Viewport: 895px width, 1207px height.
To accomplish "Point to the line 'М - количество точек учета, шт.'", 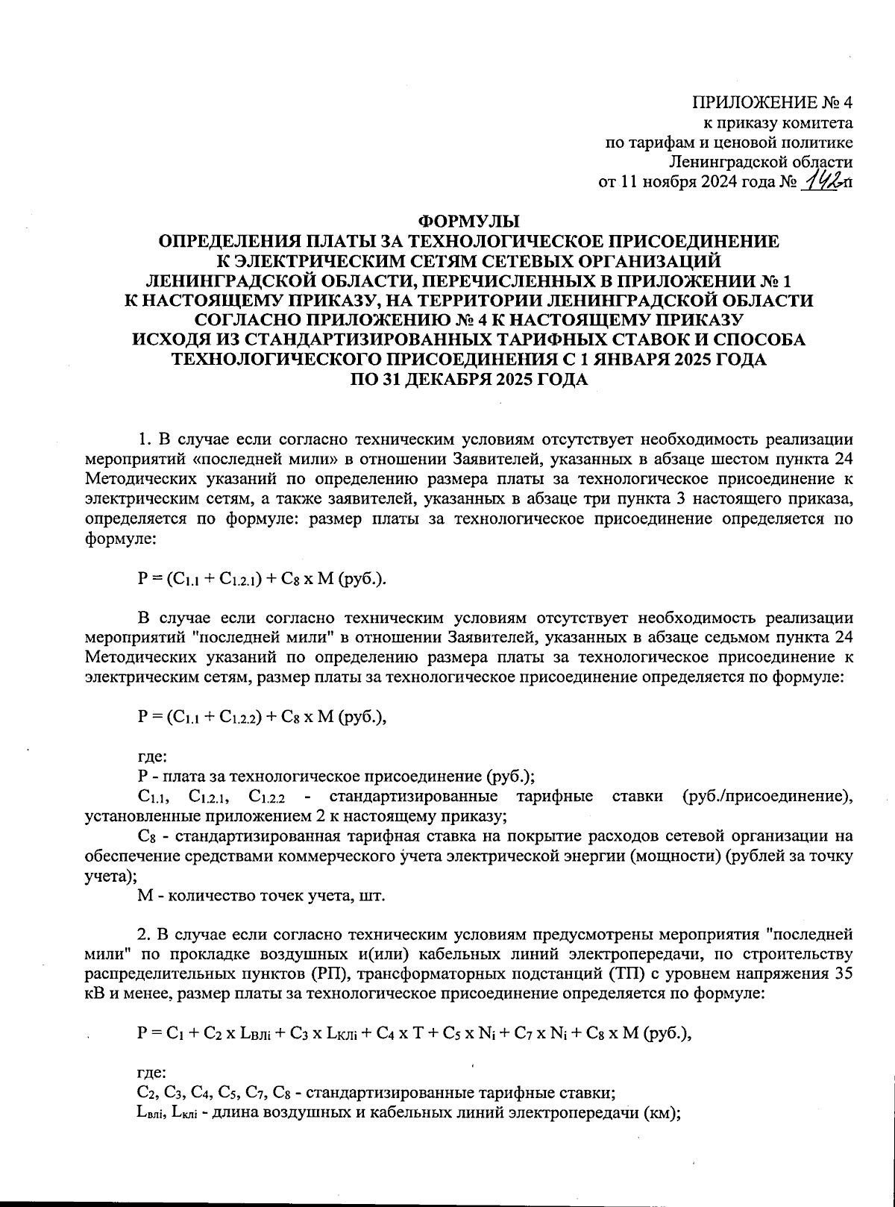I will pos(262,895).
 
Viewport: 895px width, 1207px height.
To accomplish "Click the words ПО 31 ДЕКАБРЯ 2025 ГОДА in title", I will pos(469,379).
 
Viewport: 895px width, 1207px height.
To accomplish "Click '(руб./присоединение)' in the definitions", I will pos(768,797).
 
